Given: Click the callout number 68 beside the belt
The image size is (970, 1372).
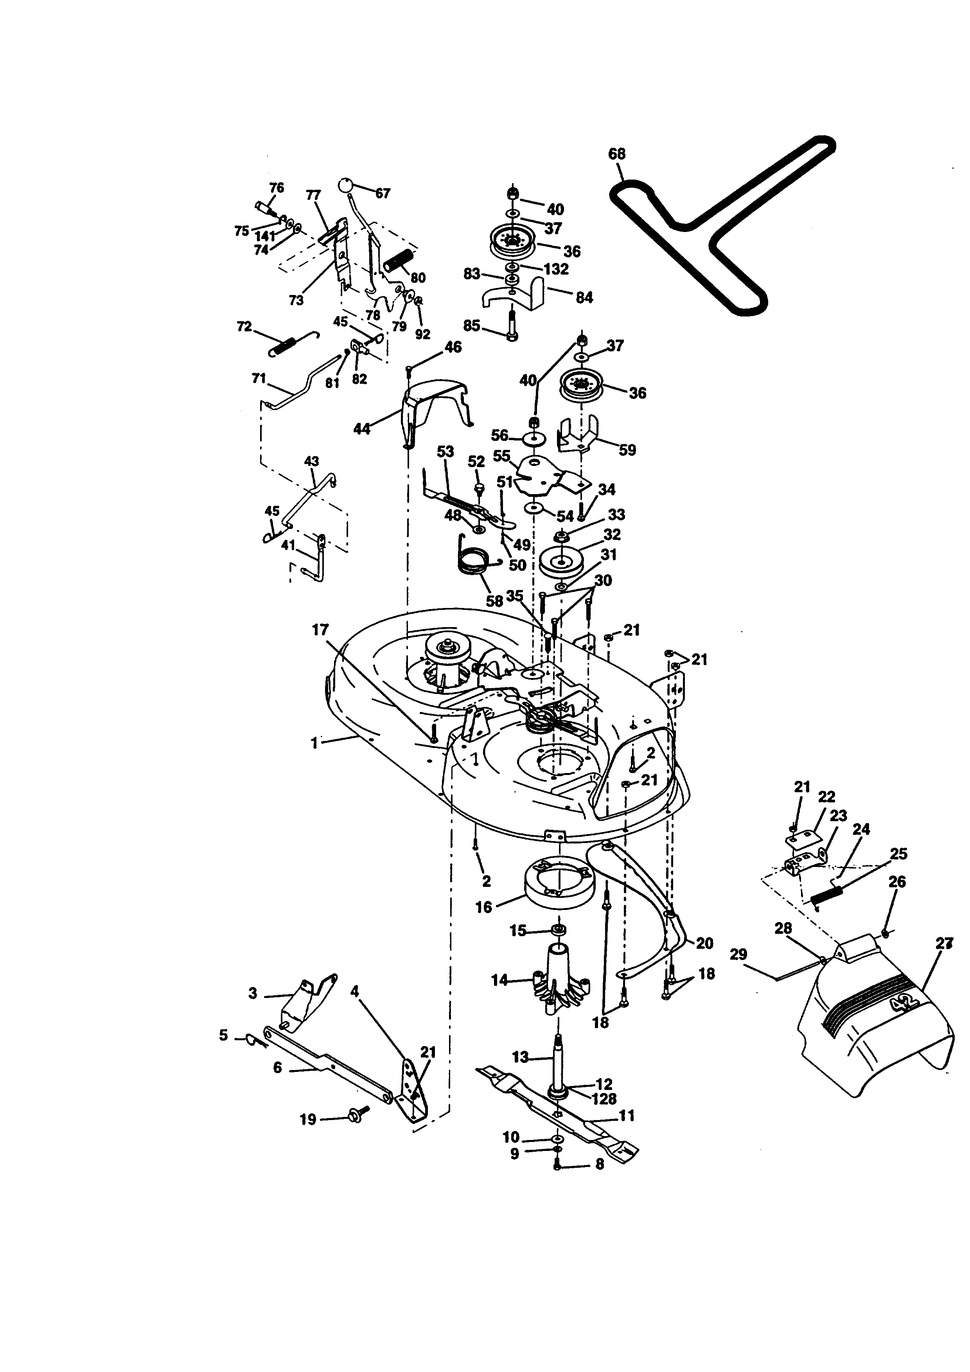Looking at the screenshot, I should pos(616,154).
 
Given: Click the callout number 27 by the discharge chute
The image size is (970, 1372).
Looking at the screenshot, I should pos(944,944).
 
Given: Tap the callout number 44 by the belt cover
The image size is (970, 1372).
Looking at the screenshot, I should pos(361,428).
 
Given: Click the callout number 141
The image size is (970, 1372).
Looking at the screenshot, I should pos(265,237).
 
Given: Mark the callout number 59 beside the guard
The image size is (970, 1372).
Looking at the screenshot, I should pos(627,450).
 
